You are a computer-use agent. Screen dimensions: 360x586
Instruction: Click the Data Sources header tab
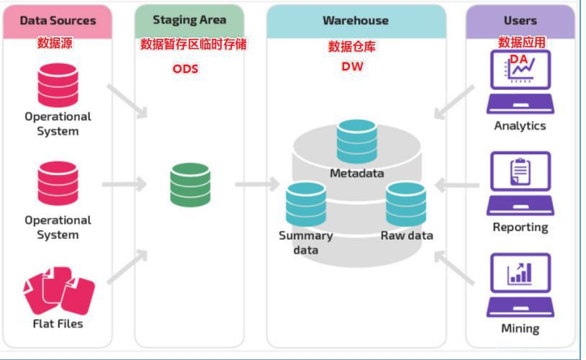[x=57, y=21]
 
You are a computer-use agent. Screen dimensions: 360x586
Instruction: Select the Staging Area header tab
[x=189, y=20]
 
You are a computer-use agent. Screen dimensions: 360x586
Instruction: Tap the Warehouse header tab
[x=356, y=21]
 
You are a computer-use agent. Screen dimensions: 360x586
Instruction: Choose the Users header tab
[x=520, y=21]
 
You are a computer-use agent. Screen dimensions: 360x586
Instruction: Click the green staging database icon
[x=191, y=184]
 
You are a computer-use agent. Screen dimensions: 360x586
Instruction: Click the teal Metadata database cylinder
[x=357, y=142]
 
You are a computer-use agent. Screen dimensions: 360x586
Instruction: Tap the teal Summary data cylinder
[x=305, y=204]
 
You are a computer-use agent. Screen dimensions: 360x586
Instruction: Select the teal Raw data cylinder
[x=406, y=204]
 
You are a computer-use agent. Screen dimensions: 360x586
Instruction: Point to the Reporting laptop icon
[x=520, y=184]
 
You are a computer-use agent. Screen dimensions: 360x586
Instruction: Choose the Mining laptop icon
[x=520, y=285]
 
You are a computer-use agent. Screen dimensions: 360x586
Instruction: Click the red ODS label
[x=185, y=69]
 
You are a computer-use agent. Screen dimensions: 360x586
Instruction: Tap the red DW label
[x=352, y=66]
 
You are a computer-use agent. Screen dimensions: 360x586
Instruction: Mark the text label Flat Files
[x=58, y=324]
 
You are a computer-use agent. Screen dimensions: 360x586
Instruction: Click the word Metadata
[x=357, y=174]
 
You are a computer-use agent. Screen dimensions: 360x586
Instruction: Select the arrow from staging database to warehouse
[x=256, y=184]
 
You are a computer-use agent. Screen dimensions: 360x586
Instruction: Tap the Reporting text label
[x=520, y=228]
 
